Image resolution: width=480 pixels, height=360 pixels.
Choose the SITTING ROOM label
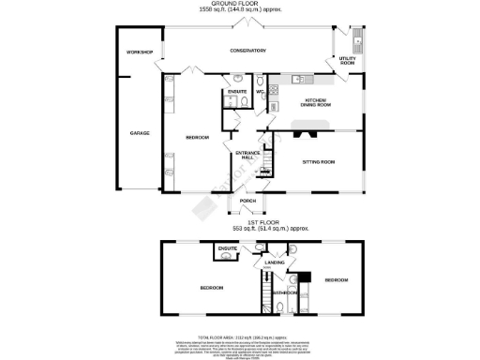(318, 162)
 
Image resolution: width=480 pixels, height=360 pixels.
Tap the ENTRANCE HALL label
(247, 155)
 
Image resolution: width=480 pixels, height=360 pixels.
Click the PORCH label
(247, 201)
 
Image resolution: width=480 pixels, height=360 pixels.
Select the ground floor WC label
(260, 91)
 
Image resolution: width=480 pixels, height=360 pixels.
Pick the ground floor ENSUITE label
(237, 91)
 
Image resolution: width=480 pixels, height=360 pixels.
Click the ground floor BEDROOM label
(197, 138)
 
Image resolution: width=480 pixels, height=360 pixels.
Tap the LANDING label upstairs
(275, 263)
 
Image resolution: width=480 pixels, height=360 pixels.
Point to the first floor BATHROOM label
(285, 293)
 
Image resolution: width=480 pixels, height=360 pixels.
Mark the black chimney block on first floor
(304, 276)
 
